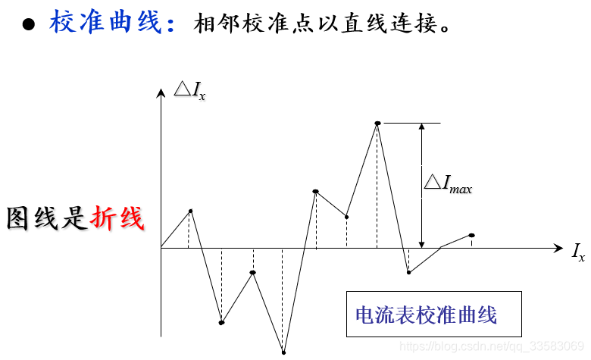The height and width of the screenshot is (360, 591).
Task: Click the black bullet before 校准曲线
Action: [x=29, y=24]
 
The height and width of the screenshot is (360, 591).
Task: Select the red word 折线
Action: [x=117, y=218]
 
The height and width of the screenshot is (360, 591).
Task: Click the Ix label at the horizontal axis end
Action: [x=578, y=252]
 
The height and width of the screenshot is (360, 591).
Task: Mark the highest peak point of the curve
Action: [x=377, y=123]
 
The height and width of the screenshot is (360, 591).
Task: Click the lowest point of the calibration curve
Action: [x=283, y=352]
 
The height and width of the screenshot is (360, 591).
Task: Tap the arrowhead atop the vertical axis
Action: [x=161, y=93]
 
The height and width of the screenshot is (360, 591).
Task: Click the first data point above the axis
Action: [x=190, y=211]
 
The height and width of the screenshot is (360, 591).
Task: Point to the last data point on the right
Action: [x=471, y=236]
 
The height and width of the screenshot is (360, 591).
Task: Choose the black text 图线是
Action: [x=47, y=218]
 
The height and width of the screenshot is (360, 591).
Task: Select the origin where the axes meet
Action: [x=161, y=248]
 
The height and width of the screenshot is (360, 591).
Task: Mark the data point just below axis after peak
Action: [x=408, y=272]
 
